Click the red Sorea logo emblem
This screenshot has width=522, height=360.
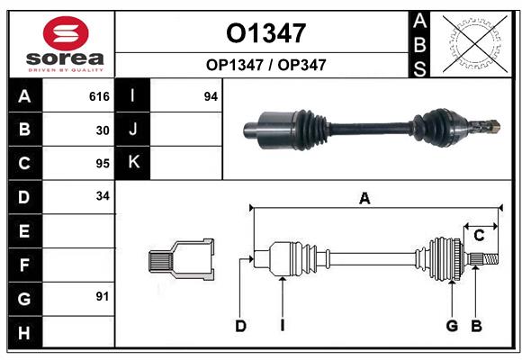66,34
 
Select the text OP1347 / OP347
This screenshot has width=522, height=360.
265,65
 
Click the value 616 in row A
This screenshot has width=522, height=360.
99,96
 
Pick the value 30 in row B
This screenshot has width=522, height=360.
103,130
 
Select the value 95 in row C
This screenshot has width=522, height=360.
103,164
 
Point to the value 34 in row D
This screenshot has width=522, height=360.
103,196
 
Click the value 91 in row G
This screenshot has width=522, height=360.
103,296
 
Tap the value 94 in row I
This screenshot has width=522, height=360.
211,96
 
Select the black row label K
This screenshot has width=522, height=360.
133,163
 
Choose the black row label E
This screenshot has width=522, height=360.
24,231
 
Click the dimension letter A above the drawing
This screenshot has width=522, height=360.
364,199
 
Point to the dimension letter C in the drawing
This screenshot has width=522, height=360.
480,236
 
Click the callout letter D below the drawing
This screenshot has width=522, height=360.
240,326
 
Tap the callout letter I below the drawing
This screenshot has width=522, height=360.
282,326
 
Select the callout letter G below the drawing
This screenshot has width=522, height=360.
453,326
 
